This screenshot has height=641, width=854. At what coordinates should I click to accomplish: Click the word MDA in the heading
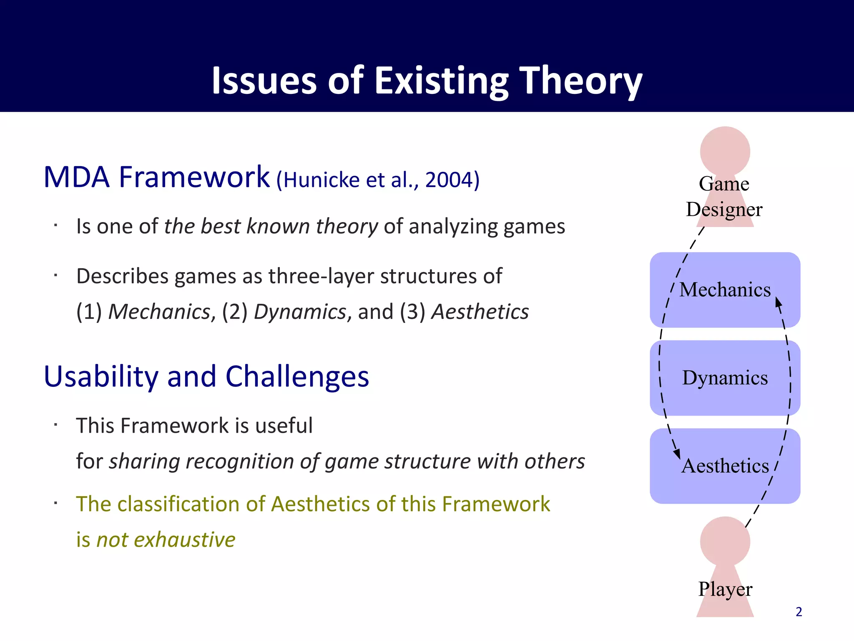click(76, 177)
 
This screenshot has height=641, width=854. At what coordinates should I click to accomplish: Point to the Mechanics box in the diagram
click(725, 290)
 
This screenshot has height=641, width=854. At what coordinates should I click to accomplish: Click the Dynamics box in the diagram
click(725, 378)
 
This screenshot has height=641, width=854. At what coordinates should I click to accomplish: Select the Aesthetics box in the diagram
click(725, 466)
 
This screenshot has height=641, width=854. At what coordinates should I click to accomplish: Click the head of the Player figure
click(725, 541)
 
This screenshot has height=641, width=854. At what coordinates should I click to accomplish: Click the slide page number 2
click(799, 612)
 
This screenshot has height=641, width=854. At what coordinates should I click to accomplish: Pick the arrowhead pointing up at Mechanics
click(778, 302)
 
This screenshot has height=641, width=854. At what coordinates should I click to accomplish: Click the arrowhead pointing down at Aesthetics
click(677, 454)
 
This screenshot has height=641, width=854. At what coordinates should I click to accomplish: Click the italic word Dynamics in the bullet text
click(300, 312)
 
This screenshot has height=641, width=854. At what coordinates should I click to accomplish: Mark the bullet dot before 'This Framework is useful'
click(55, 425)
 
